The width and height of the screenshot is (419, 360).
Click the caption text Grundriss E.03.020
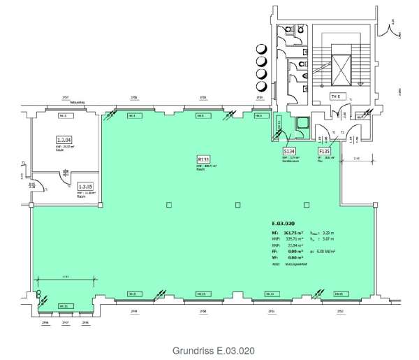211,348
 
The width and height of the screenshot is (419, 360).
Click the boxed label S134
288,151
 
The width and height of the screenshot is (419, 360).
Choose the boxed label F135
325,151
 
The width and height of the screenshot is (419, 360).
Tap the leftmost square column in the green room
168,206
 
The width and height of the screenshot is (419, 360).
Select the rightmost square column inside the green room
307,206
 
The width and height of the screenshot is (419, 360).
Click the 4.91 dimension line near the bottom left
65,277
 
